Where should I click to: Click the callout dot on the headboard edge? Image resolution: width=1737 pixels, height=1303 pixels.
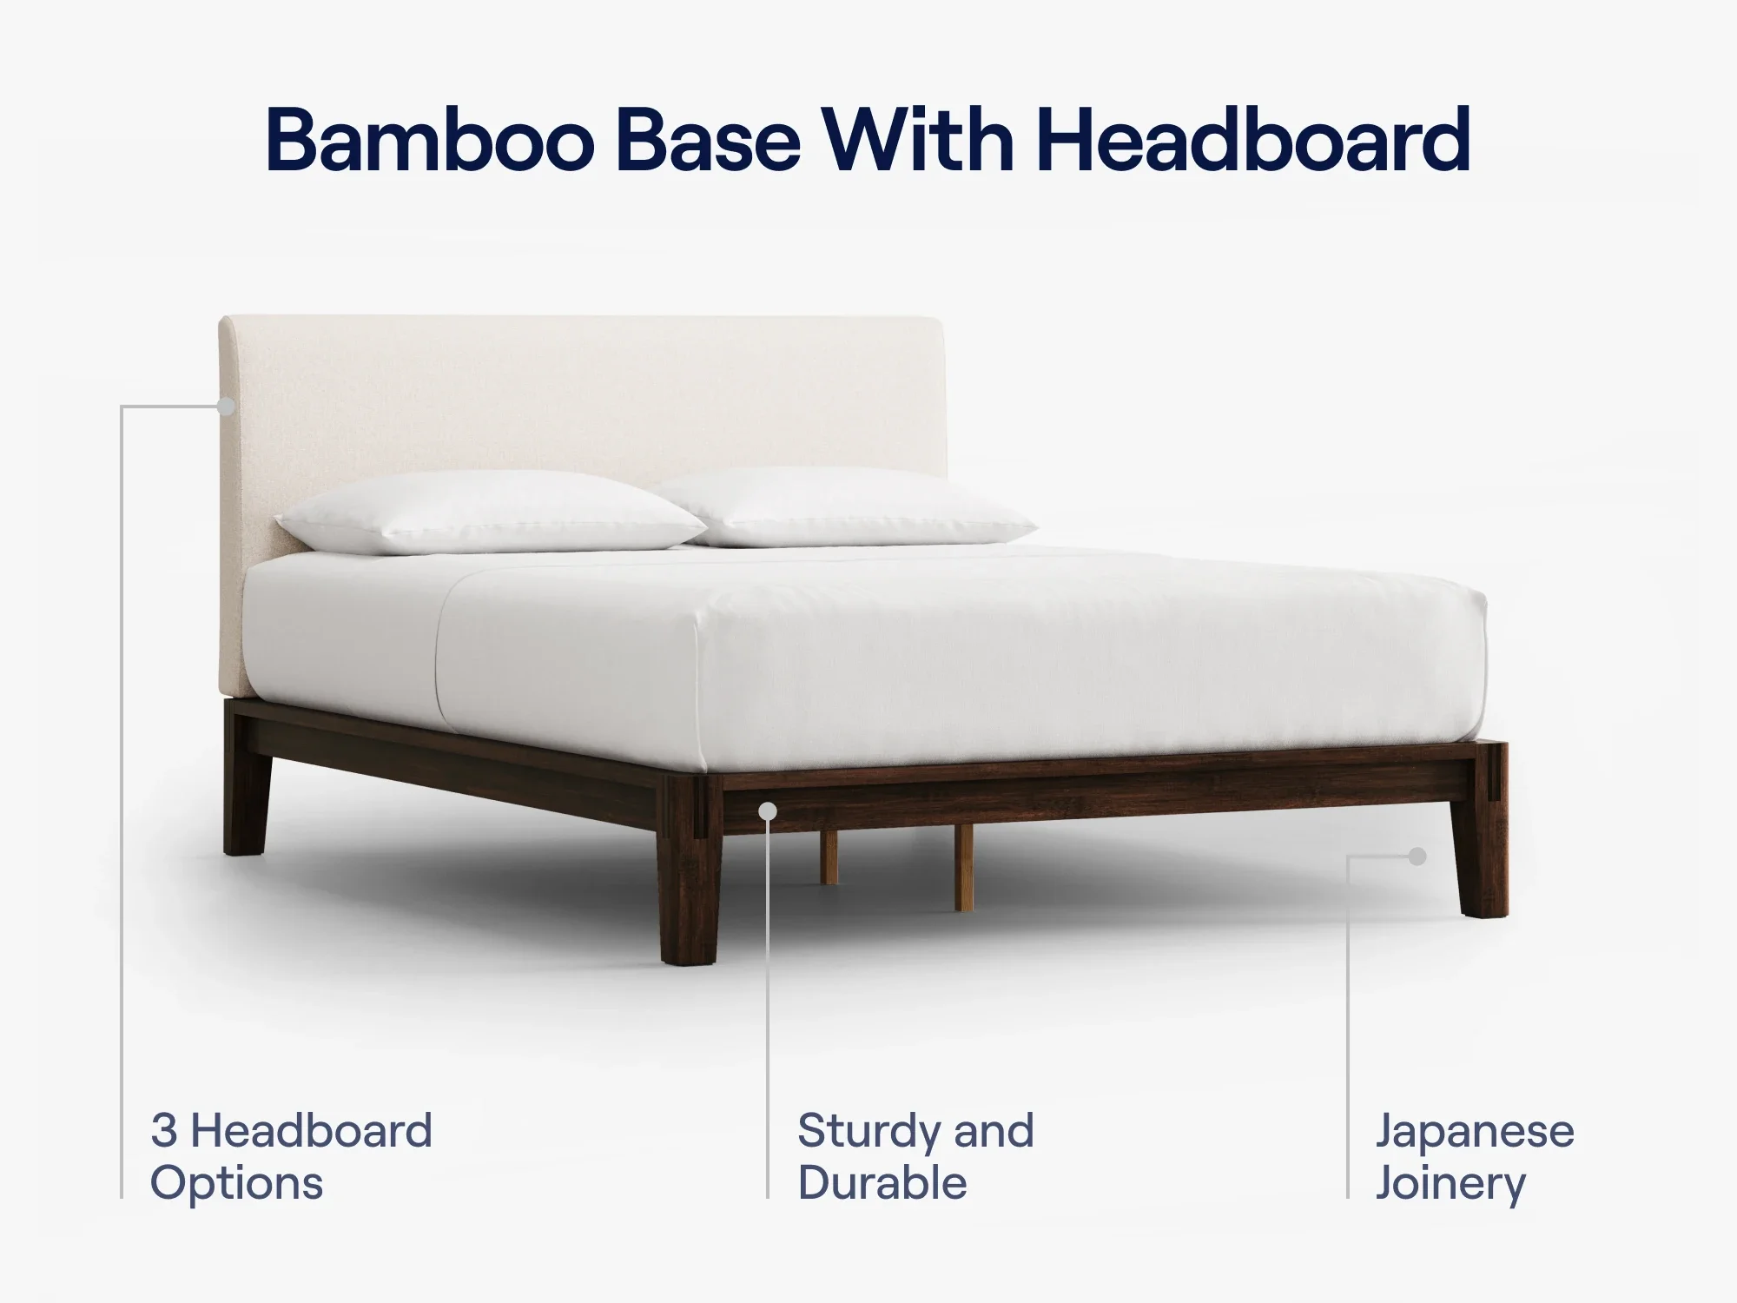227,406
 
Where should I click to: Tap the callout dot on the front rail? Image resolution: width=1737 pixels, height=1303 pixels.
768,811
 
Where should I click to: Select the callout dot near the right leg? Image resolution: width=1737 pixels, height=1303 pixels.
1417,857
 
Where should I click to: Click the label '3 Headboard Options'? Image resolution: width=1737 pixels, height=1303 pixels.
291,1156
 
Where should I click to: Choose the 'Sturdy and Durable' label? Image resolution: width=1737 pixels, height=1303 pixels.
915,1156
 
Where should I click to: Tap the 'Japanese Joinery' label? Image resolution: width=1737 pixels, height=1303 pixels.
1475,1156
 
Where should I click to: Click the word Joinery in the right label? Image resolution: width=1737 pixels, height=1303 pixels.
1450,1183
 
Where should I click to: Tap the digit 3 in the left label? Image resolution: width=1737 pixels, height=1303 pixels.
164,1131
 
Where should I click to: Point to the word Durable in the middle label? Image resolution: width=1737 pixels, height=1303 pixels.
882,1183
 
